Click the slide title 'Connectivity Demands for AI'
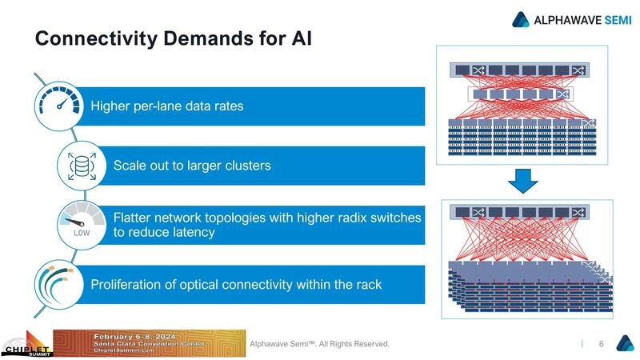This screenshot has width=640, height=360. pyautogui.click(x=173, y=38)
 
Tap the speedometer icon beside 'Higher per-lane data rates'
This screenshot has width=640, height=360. pyautogui.click(x=58, y=106)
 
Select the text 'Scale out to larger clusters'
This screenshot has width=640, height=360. pyautogui.click(x=192, y=166)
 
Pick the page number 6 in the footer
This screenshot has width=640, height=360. pyautogui.click(x=600, y=344)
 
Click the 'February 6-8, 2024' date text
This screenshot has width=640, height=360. pyautogui.click(x=138, y=336)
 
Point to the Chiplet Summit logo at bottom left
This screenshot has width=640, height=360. pyautogui.click(x=26, y=345)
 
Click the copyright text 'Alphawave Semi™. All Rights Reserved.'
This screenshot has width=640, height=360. pyautogui.click(x=319, y=344)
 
